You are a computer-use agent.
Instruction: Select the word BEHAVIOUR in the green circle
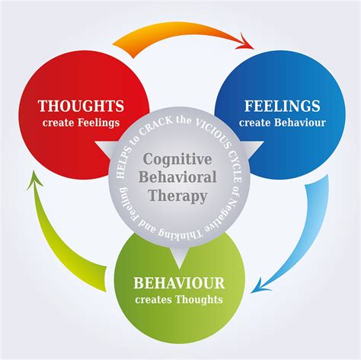[179, 283]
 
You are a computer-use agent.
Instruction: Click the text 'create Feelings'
[80, 122]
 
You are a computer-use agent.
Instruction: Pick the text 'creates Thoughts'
[179, 299]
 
